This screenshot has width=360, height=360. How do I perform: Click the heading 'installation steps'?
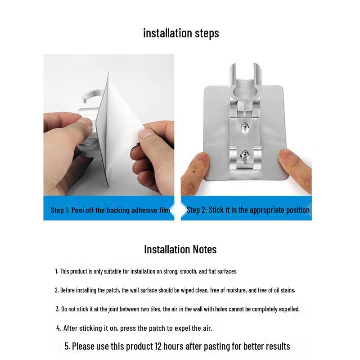181,33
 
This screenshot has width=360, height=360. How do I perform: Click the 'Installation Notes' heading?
180,249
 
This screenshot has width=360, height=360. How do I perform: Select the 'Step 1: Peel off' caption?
110,210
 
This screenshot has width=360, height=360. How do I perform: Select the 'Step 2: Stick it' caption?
248,210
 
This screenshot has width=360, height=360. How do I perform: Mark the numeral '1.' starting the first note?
57,271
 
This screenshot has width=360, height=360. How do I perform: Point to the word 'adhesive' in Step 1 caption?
144,210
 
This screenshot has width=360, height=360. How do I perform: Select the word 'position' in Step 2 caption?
296,210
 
